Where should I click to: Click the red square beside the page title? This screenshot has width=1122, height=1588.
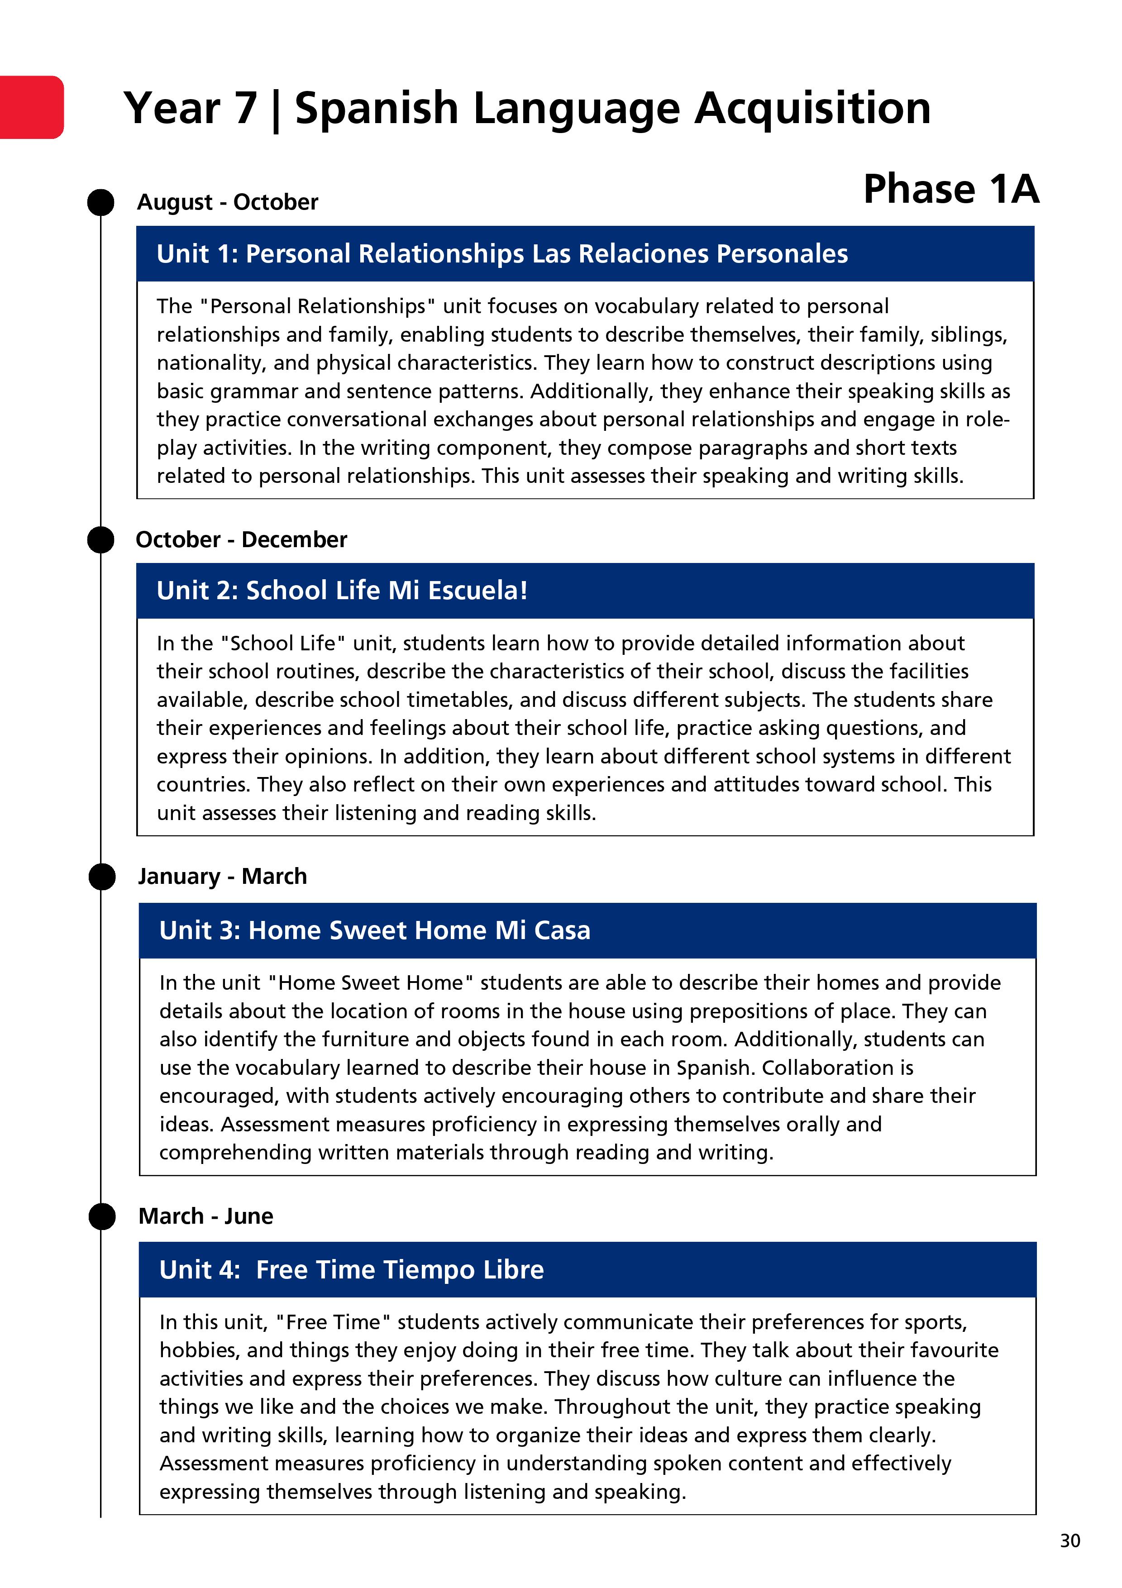[31, 107]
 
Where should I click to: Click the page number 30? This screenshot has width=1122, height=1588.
[1069, 1540]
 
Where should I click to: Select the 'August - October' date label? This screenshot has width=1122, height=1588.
[228, 202]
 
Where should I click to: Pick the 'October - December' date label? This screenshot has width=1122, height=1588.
[241, 539]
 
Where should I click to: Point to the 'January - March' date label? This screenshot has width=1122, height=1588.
[222, 876]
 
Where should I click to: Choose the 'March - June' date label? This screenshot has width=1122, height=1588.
[205, 1216]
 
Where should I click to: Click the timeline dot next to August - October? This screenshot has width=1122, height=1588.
[101, 203]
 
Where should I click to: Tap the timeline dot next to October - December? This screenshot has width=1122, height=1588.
[101, 539]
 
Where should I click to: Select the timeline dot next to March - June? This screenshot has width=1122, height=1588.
[102, 1216]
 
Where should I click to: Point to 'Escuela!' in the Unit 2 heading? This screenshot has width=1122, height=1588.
[477, 591]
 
